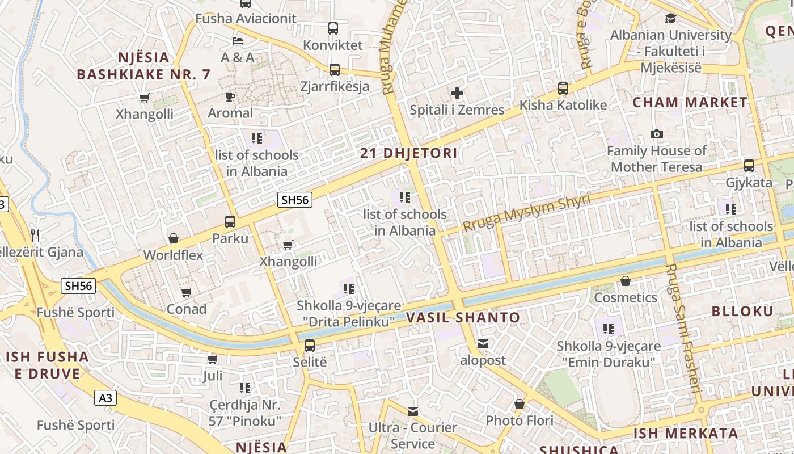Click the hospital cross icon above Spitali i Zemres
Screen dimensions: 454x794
click(457, 93)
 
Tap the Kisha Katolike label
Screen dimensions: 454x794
click(563, 105)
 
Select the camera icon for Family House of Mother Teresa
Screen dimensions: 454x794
click(657, 134)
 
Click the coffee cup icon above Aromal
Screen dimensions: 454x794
click(230, 96)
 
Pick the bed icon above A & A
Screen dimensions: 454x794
click(238, 41)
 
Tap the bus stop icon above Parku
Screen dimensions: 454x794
click(230, 221)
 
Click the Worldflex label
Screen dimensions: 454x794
click(173, 255)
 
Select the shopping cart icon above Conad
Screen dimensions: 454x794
click(186, 293)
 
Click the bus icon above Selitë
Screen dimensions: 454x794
click(310, 345)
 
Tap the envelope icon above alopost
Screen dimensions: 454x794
click(483, 343)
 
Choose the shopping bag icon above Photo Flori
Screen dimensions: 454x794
click(519, 404)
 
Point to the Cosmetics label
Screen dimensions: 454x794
click(626, 297)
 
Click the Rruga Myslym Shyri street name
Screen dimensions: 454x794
click(526, 212)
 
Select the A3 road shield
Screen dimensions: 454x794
click(105, 398)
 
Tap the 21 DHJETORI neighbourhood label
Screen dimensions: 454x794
click(409, 153)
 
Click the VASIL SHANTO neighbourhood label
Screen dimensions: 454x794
click(463, 318)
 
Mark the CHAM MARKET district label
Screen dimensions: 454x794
click(690, 103)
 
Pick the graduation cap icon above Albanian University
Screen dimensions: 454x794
click(670, 18)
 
